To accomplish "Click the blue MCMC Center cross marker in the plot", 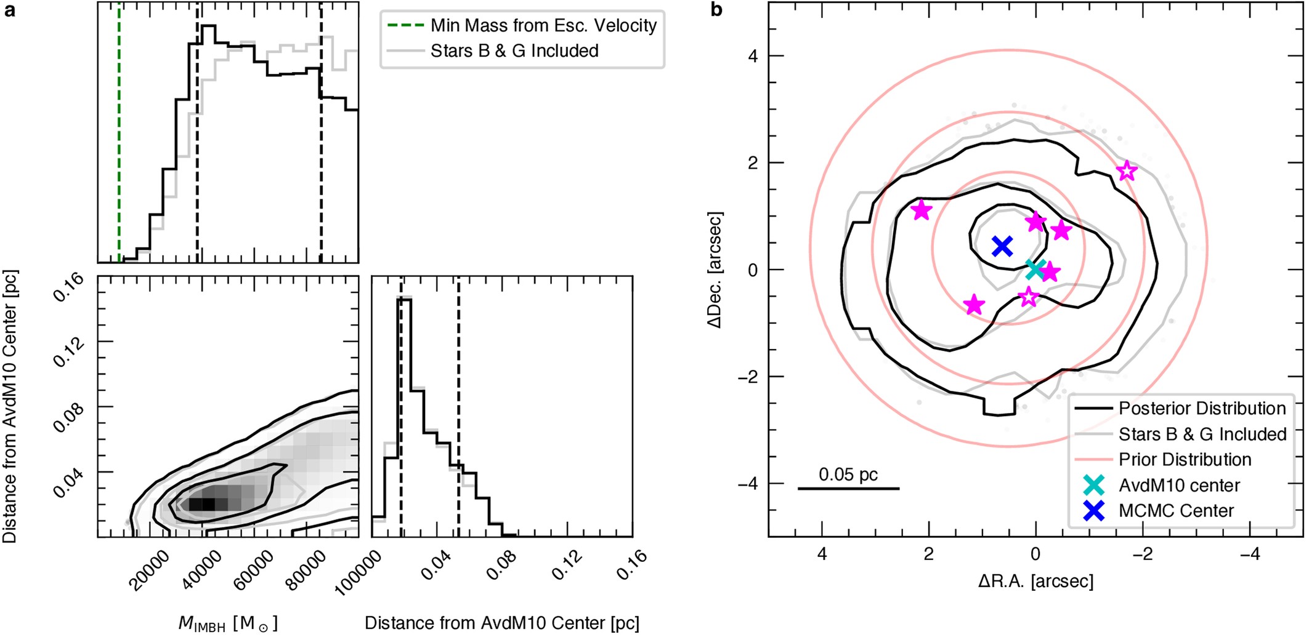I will tap(1003, 246).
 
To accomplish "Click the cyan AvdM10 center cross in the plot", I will tap(1035, 268).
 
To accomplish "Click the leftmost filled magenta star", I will tap(922, 210).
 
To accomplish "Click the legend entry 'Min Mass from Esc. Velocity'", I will tap(543, 26).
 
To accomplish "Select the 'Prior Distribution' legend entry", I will tap(1185, 460).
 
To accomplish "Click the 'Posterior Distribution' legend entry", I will tap(1202, 409).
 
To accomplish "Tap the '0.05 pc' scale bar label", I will tap(848, 475).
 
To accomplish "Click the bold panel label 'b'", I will tap(716, 10).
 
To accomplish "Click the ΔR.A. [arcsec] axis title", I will tap(1035, 581).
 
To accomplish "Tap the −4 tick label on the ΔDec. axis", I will tap(749, 484).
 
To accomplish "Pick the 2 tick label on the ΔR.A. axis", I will tap(928, 555).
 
